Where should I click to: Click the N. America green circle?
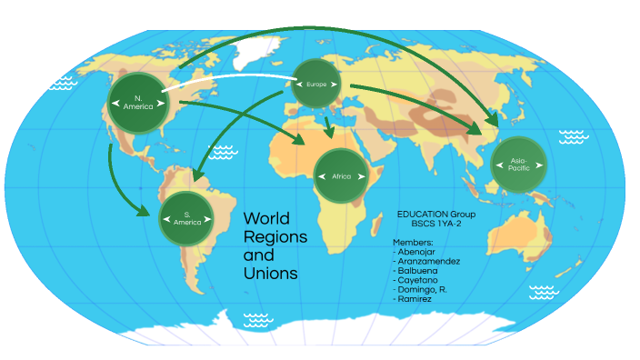[138, 102]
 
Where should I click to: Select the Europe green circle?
[315, 85]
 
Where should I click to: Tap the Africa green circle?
[341, 175]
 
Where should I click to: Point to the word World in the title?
[265, 219]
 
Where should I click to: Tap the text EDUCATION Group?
[435, 214]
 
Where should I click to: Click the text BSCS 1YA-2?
[436, 224]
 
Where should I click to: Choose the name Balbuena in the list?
[420, 270]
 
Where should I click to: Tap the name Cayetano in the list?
[421, 279]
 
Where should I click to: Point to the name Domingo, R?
[426, 288]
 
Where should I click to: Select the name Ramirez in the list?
[418, 297]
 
